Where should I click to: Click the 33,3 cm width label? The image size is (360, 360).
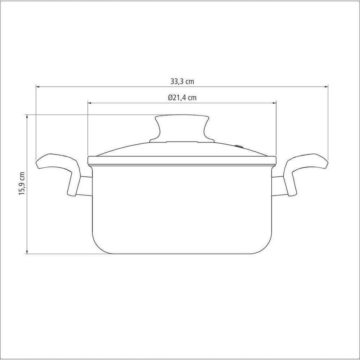(182, 81)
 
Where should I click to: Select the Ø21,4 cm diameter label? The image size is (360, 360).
(182, 98)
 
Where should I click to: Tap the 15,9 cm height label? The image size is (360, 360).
(22, 184)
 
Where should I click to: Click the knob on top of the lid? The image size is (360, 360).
(182, 129)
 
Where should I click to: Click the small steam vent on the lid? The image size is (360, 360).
(239, 146)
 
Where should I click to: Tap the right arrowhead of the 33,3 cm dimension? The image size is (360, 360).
(326, 86)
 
